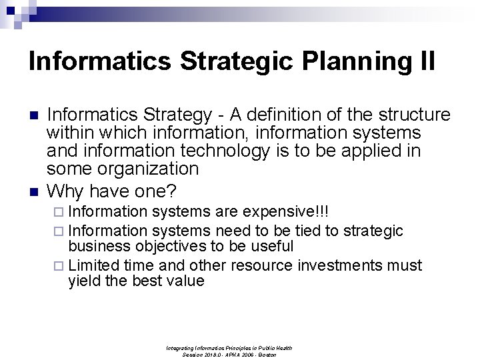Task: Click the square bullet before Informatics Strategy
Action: (x=34, y=115)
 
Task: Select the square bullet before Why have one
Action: (x=34, y=192)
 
